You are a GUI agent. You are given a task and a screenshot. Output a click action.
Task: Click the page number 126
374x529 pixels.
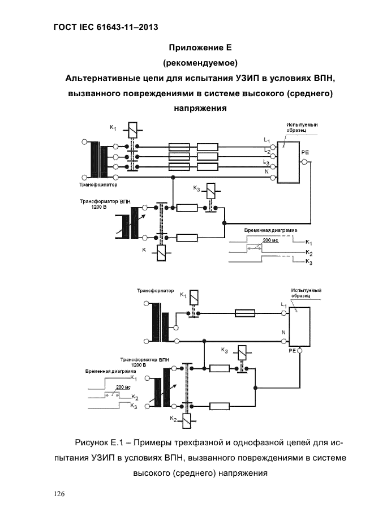click(x=59, y=494)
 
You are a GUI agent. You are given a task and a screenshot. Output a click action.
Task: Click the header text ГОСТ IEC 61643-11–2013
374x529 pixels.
click(x=106, y=27)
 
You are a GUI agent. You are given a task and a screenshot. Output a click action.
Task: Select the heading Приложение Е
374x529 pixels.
click(x=200, y=48)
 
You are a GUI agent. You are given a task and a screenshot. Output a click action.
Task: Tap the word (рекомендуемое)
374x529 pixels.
click(x=200, y=63)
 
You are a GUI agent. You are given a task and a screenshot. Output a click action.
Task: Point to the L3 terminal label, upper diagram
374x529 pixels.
click(x=266, y=163)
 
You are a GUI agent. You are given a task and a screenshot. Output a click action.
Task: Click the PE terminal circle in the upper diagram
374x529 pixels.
click(x=305, y=162)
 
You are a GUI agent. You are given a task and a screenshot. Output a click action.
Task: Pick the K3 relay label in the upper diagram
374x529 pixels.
click(x=196, y=188)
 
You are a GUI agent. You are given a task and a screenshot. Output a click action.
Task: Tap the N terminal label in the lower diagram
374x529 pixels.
click(x=283, y=332)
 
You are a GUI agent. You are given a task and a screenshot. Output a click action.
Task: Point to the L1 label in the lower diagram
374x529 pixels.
click(x=283, y=305)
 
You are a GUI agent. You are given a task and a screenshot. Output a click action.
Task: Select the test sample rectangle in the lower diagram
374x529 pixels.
click(x=299, y=326)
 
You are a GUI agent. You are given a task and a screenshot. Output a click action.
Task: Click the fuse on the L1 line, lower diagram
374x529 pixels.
click(x=245, y=313)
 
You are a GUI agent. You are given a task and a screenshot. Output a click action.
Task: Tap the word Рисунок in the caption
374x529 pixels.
click(x=91, y=443)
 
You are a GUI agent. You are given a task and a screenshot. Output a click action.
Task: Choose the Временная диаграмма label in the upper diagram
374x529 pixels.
click(x=271, y=230)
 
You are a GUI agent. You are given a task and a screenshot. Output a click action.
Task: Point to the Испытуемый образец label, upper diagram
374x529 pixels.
click(x=302, y=127)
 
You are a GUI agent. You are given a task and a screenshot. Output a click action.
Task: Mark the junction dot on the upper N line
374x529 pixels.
click(x=173, y=177)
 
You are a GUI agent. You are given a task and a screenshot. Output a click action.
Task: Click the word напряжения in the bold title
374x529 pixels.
click(x=200, y=109)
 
